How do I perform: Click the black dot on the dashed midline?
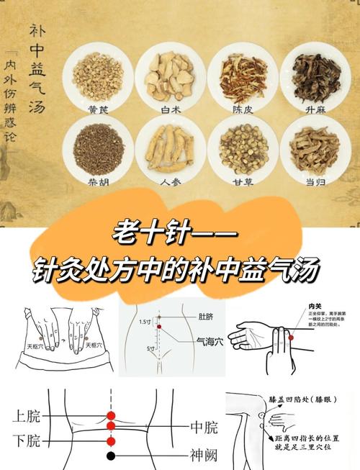[x=110, y=456]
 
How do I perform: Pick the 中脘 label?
[x=203, y=429]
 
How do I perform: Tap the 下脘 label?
[x=26, y=440]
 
